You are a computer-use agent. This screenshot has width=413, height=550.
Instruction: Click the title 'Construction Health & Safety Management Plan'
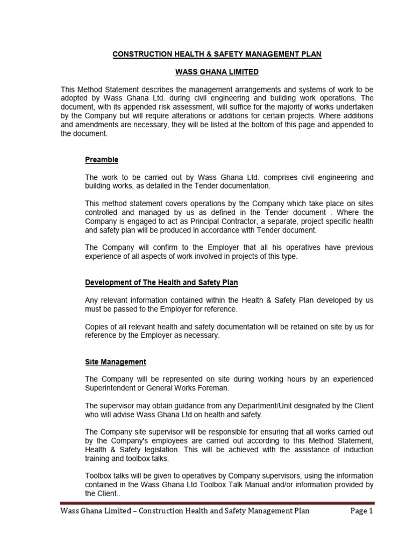click(x=217, y=54)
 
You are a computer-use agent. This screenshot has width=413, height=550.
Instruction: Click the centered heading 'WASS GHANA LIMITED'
click(x=217, y=71)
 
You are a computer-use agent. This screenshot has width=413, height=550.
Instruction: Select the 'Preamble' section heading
click(x=102, y=160)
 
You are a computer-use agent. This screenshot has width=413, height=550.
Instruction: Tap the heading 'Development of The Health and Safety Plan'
click(x=161, y=282)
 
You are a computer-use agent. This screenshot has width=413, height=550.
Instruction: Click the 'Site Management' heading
click(x=116, y=362)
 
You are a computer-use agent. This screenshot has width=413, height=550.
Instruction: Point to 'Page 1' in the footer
click(x=361, y=511)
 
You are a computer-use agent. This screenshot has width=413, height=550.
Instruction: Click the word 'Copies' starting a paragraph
click(x=97, y=327)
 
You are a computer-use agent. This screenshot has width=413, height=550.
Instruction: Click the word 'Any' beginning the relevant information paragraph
click(x=92, y=300)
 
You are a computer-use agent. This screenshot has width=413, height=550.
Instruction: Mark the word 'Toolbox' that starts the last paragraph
click(x=99, y=476)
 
